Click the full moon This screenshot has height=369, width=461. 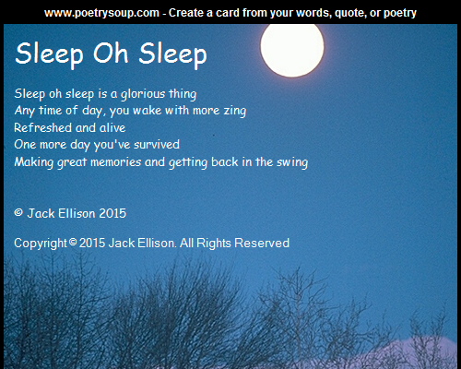point(292,48)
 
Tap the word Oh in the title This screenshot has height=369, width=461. point(111,53)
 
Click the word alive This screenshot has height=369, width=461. point(112,127)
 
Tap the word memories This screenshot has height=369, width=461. point(116,161)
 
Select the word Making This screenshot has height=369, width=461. point(34,162)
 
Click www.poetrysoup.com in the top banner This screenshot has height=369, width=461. point(101,13)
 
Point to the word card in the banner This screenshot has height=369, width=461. point(228,13)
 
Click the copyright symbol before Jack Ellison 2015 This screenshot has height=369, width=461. point(18,212)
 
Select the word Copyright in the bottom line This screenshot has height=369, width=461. point(41,244)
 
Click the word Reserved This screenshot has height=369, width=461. point(262,243)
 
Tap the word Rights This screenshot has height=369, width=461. point(214,244)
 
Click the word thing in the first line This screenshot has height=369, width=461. point(183,94)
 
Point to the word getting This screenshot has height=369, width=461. point(188,162)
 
